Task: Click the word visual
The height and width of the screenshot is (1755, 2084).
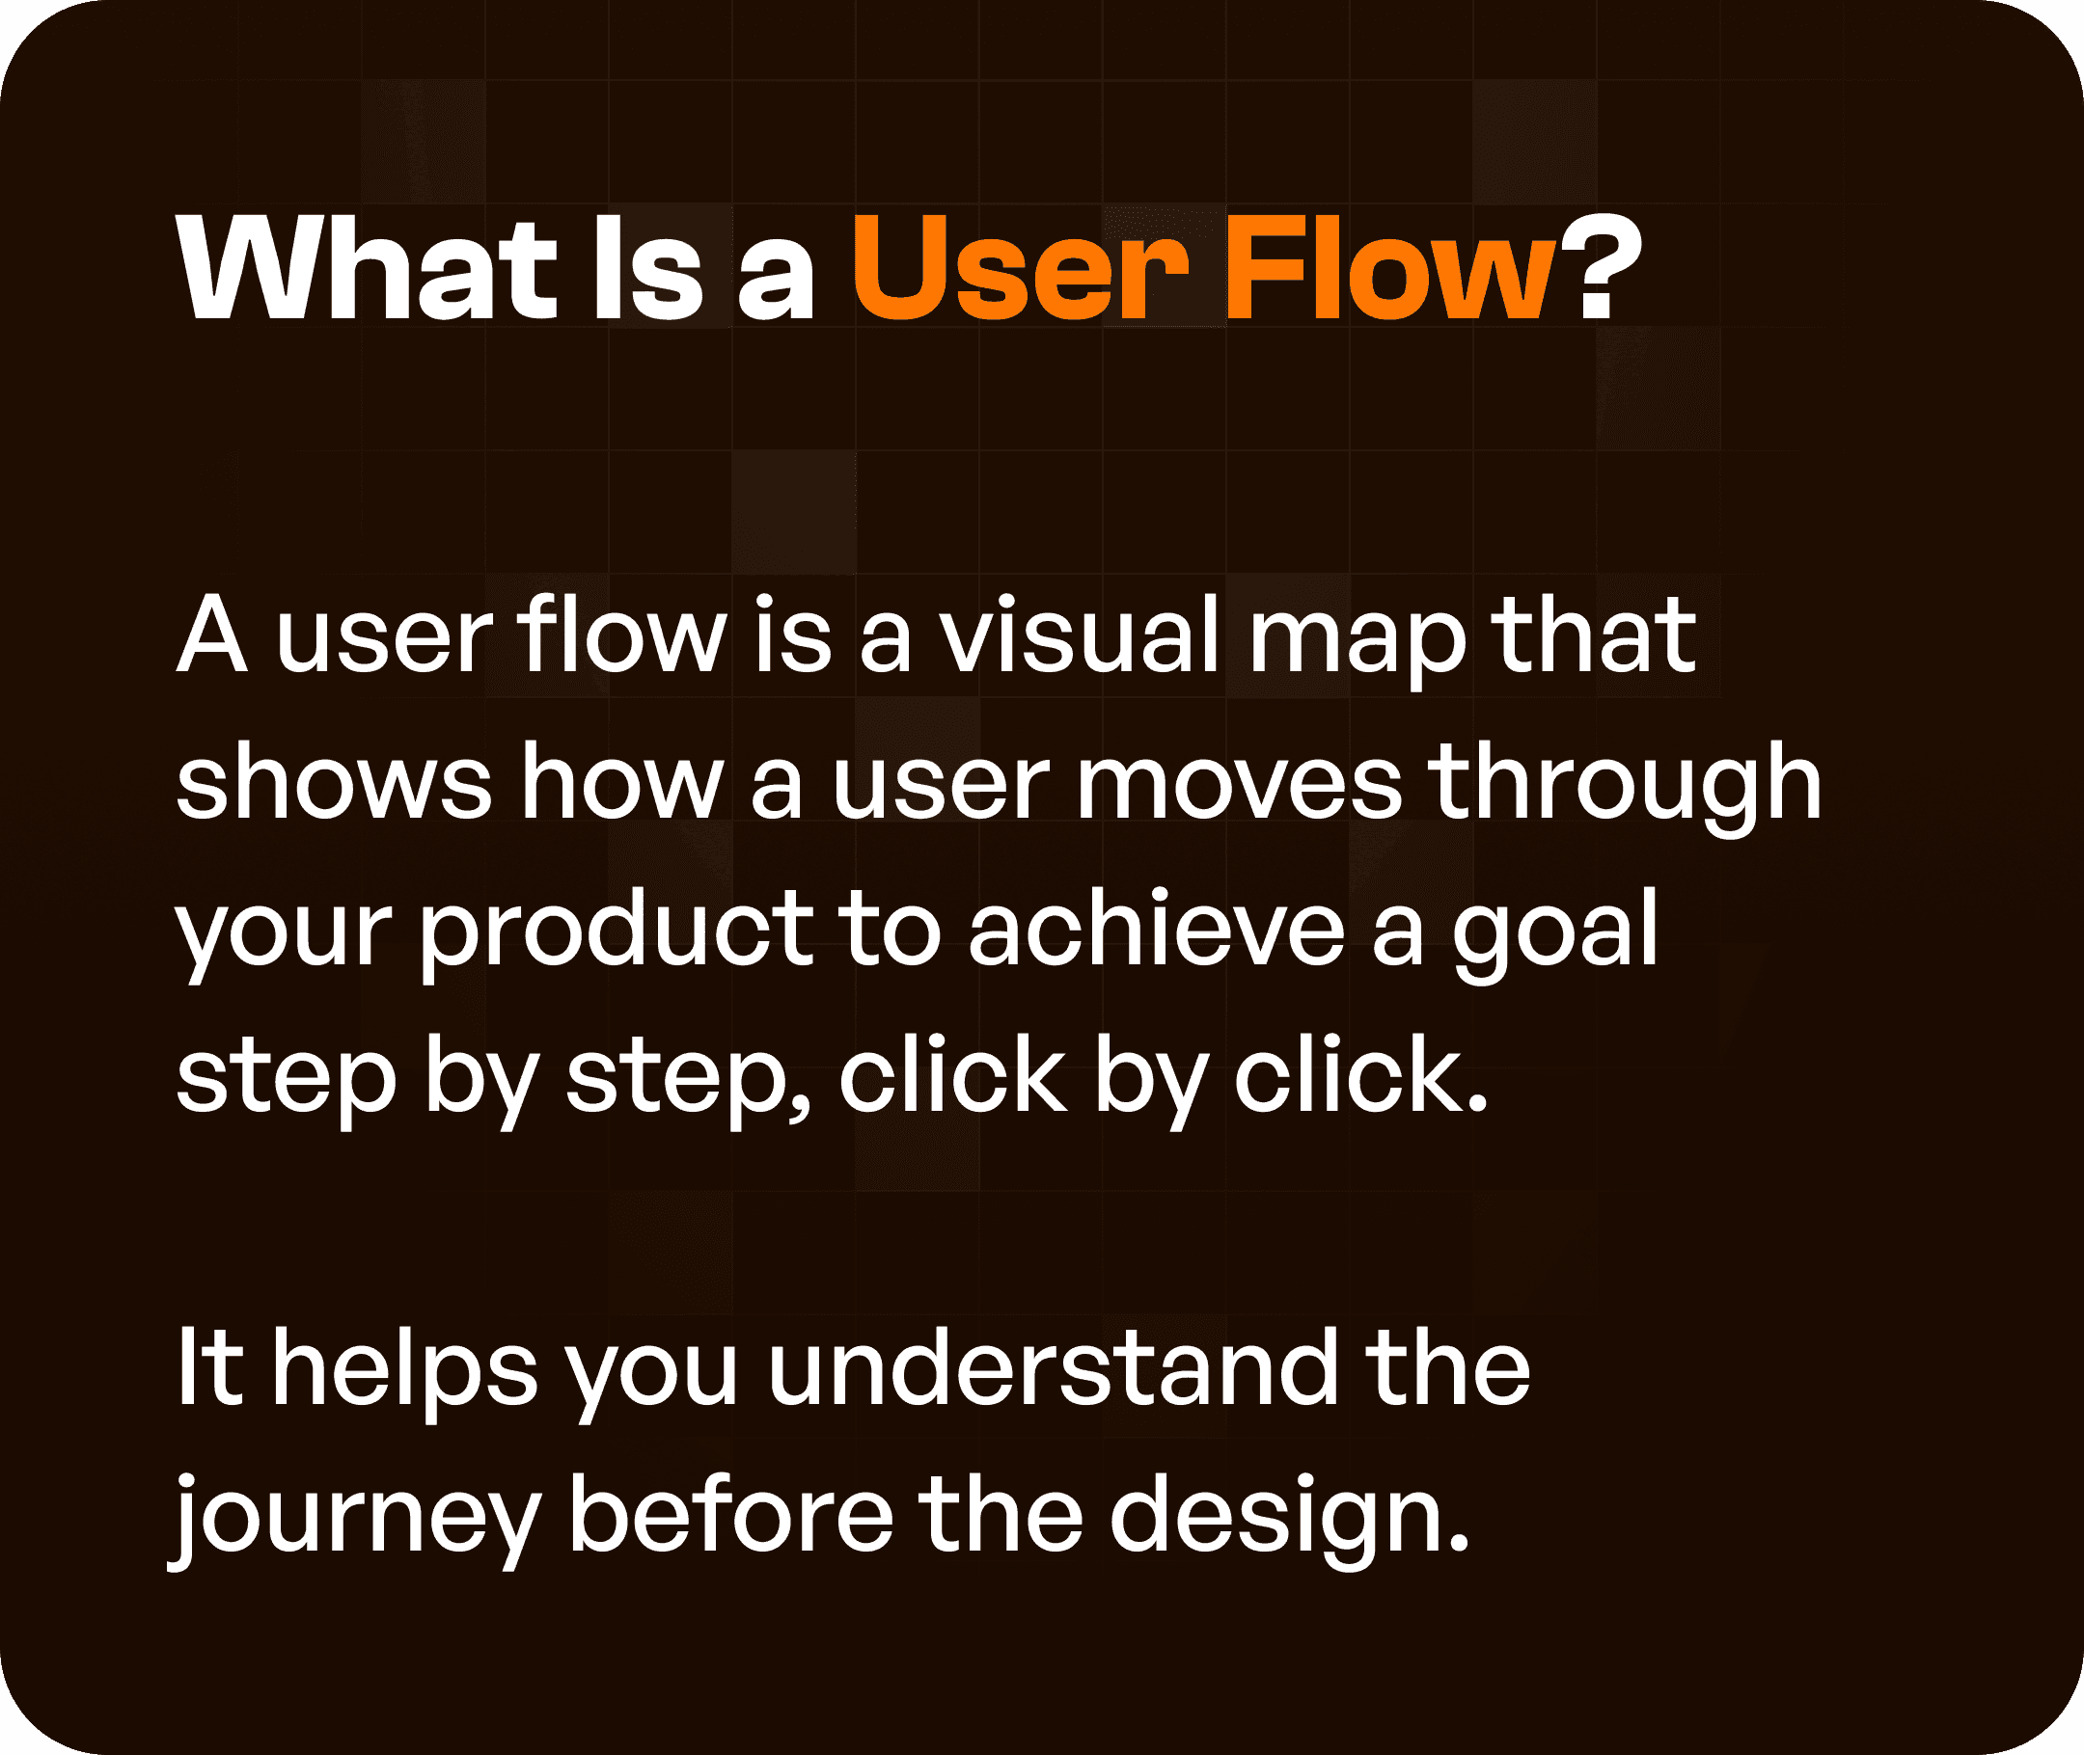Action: tap(1080, 635)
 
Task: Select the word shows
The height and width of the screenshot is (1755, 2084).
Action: tap(334, 783)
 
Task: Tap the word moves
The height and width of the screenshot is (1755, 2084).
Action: tap(1239, 783)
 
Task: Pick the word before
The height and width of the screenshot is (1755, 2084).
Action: tap(730, 1514)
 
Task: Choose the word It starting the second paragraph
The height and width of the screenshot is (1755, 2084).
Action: tap(210, 1369)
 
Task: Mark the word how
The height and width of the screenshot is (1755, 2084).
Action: tap(622, 783)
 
